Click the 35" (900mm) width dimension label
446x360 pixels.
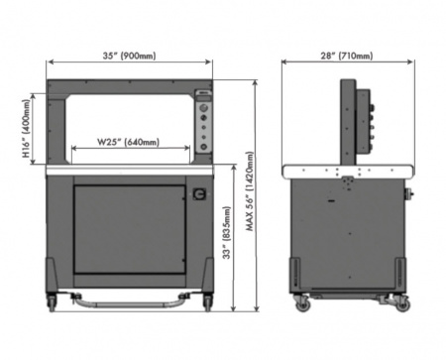(x=129, y=56)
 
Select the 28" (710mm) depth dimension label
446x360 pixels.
(x=347, y=56)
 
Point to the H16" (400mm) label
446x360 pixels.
(x=26, y=129)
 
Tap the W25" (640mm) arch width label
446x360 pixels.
(x=128, y=142)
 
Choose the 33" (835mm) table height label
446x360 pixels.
(x=226, y=233)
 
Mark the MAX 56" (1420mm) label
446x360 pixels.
(x=250, y=191)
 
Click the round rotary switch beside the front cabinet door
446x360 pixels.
(x=199, y=193)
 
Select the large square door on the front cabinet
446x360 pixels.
(x=130, y=229)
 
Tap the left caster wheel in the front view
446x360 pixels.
(x=53, y=301)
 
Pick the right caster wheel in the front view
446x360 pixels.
(x=207, y=301)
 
